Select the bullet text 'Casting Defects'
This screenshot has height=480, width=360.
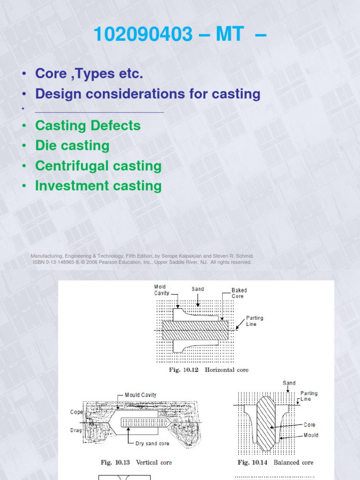click(x=88, y=126)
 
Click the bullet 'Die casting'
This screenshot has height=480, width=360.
click(x=72, y=146)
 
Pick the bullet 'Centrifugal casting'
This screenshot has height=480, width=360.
click(x=98, y=166)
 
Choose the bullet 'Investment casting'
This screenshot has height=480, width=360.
click(x=98, y=186)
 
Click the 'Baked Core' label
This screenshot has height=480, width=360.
click(x=239, y=293)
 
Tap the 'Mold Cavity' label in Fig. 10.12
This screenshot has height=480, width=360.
click(x=162, y=290)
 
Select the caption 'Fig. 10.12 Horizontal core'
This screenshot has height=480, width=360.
click(x=209, y=370)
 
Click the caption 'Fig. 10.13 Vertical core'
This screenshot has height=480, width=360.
click(x=136, y=462)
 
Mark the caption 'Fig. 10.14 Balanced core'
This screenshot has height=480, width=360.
click(x=275, y=462)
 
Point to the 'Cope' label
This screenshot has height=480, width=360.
click(x=77, y=412)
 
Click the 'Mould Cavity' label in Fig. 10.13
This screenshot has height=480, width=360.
click(x=141, y=395)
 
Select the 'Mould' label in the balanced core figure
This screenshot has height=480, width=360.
click(x=311, y=435)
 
